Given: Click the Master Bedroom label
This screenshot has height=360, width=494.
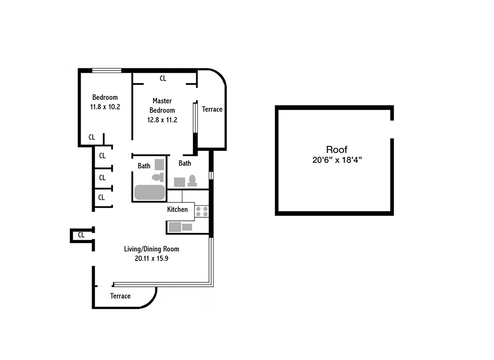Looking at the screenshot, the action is (162, 106).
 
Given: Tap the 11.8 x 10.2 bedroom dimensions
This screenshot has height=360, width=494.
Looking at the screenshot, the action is (105, 107).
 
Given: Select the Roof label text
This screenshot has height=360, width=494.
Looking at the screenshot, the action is (337, 150).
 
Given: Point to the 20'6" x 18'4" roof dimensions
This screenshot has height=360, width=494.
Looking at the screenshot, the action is (337, 160).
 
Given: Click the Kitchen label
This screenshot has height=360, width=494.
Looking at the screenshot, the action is (177, 209).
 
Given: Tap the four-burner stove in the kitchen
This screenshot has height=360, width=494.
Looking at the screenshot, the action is (202, 211).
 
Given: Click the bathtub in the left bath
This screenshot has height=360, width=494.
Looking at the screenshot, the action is (150, 192).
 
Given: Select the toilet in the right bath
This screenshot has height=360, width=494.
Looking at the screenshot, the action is (192, 181).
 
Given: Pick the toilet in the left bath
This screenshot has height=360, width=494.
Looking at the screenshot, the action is (158, 177).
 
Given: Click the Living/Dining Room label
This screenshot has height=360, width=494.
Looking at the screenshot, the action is (151, 249).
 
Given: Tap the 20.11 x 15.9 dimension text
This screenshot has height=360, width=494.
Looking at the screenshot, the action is (151, 258).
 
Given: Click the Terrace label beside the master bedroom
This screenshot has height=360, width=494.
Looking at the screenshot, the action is (212, 109).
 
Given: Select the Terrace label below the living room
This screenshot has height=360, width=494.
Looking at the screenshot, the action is (120, 296).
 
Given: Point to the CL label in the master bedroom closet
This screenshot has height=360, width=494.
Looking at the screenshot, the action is (163, 78).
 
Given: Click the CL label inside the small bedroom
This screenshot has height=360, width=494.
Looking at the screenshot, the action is (92, 137).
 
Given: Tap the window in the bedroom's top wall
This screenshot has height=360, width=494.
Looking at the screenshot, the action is (107, 70).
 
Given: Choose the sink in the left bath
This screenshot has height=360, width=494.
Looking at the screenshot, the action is (159, 165).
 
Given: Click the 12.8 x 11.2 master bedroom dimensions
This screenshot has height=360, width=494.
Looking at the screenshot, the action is (162, 120).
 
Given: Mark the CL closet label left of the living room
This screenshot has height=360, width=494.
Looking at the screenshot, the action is (81, 235).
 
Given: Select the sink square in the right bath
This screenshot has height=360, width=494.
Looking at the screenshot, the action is (179, 182).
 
